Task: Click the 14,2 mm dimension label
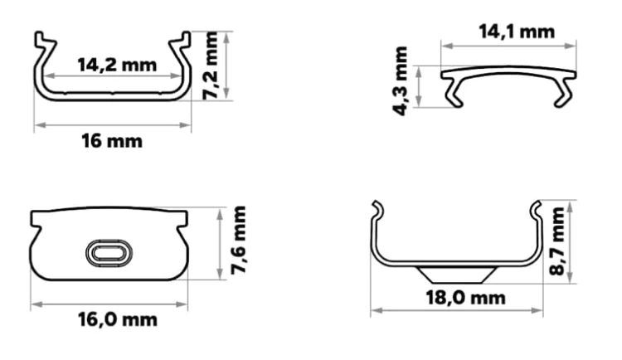pos(117,65)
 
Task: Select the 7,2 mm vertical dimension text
pos(210,66)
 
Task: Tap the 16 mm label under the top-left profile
pos(112,141)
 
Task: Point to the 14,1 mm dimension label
pos(517,32)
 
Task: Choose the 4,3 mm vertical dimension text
pos(400,81)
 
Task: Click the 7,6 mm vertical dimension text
pos(238,240)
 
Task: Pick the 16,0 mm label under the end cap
pos(118,319)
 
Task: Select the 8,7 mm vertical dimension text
pos(557,241)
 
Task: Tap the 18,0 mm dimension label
pos(466,298)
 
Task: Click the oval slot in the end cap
pos(109,253)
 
